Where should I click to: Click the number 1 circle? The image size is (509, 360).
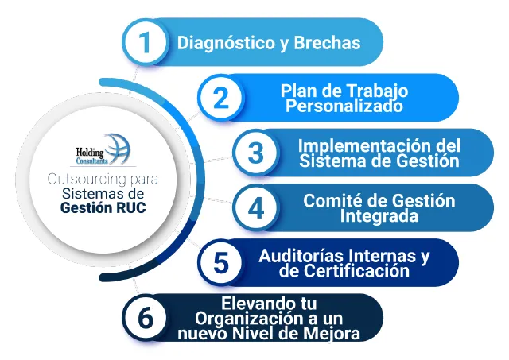144,43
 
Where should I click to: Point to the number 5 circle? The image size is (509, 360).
221,262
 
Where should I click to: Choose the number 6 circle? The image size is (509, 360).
144,317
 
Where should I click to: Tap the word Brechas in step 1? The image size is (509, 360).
328,42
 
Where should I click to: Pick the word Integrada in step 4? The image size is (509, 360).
377,215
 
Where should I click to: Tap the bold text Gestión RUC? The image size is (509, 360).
98,208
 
